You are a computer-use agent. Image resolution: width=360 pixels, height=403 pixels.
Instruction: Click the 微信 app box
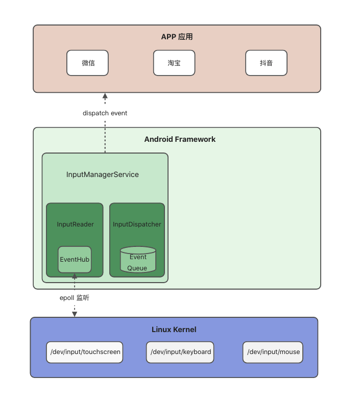tap(87, 63)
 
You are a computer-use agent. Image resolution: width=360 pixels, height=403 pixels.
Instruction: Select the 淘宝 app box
tap(174, 63)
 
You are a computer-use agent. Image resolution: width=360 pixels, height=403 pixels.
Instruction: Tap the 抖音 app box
tap(266, 63)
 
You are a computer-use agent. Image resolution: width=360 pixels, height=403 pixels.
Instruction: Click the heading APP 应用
tap(177, 37)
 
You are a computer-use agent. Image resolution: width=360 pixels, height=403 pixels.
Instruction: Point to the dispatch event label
tap(105, 113)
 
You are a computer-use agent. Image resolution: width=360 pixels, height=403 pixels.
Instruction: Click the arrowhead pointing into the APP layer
tap(105, 96)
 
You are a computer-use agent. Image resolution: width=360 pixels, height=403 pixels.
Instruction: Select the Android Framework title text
tap(180, 139)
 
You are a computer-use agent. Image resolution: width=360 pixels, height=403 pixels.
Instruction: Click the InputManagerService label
tap(103, 174)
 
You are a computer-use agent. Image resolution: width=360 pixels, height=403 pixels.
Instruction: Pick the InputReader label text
tap(75, 224)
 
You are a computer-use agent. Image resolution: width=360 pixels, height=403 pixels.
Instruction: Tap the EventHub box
tap(75, 259)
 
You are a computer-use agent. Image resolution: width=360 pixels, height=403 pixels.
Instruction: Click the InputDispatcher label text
tap(137, 224)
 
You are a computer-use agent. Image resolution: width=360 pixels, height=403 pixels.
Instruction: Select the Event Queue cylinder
tap(138, 260)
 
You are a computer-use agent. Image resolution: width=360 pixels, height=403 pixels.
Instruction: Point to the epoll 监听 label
tap(75, 297)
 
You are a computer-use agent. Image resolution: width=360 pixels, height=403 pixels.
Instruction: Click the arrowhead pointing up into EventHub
tap(75, 276)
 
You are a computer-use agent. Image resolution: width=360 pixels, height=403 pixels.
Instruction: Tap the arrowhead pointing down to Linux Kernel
tap(75, 314)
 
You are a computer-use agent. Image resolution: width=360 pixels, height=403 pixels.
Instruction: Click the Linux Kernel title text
tap(174, 330)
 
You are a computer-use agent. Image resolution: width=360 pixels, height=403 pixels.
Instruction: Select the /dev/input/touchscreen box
tap(85, 352)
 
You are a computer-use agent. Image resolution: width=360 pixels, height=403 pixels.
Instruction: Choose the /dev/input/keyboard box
tap(180, 352)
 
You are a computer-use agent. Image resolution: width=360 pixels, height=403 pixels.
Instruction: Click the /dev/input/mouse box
tap(273, 352)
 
